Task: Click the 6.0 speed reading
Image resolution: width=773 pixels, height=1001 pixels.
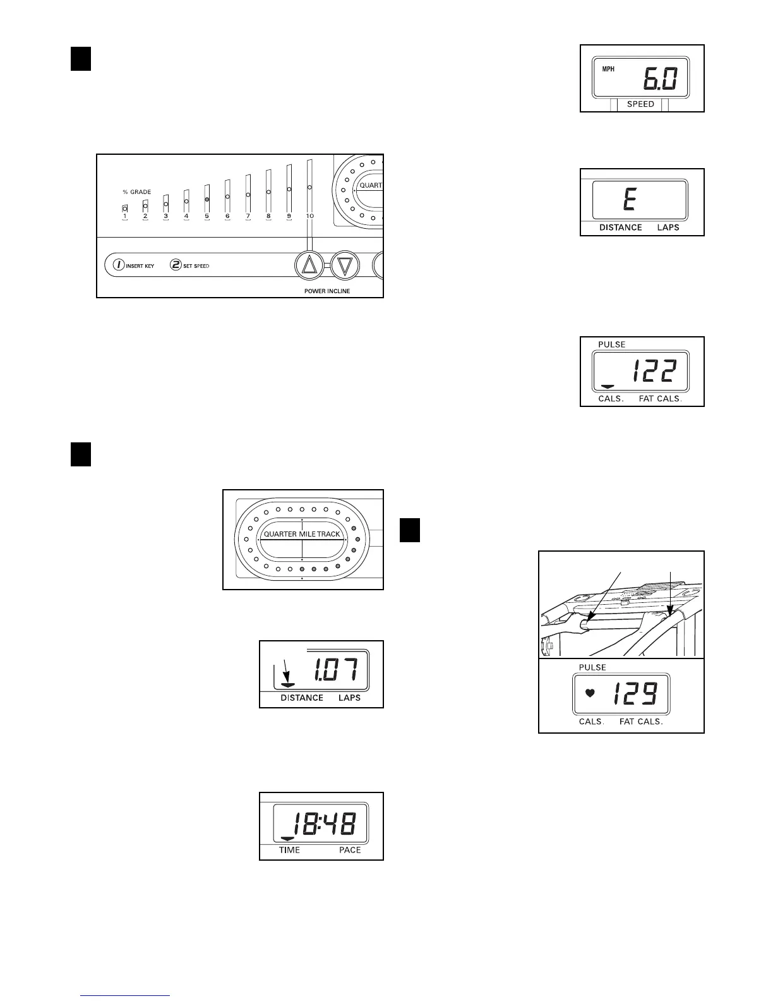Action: pyautogui.click(x=660, y=80)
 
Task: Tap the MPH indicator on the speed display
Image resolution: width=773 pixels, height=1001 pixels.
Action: pyautogui.click(x=608, y=70)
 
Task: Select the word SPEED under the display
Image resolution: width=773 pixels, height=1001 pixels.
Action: pyautogui.click(x=640, y=104)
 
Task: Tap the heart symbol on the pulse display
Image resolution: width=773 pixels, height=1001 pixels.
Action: pyautogui.click(x=590, y=693)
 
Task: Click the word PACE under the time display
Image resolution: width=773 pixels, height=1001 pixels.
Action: pyautogui.click(x=350, y=850)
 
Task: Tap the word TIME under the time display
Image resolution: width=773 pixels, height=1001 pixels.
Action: pyautogui.click(x=290, y=850)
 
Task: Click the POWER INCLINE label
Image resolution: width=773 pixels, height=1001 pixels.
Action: pyautogui.click(x=327, y=291)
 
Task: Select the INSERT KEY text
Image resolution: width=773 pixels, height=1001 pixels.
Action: pyautogui.click(x=140, y=266)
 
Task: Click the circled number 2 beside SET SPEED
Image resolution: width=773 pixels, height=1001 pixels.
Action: pyautogui.click(x=176, y=265)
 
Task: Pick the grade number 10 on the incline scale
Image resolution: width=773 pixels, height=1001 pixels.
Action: pyautogui.click(x=309, y=216)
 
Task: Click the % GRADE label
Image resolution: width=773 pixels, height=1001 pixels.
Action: pyautogui.click(x=136, y=192)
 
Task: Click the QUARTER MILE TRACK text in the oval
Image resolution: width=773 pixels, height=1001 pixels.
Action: pyautogui.click(x=302, y=534)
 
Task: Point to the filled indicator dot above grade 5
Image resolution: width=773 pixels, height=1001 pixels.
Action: pyautogui.click(x=207, y=199)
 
